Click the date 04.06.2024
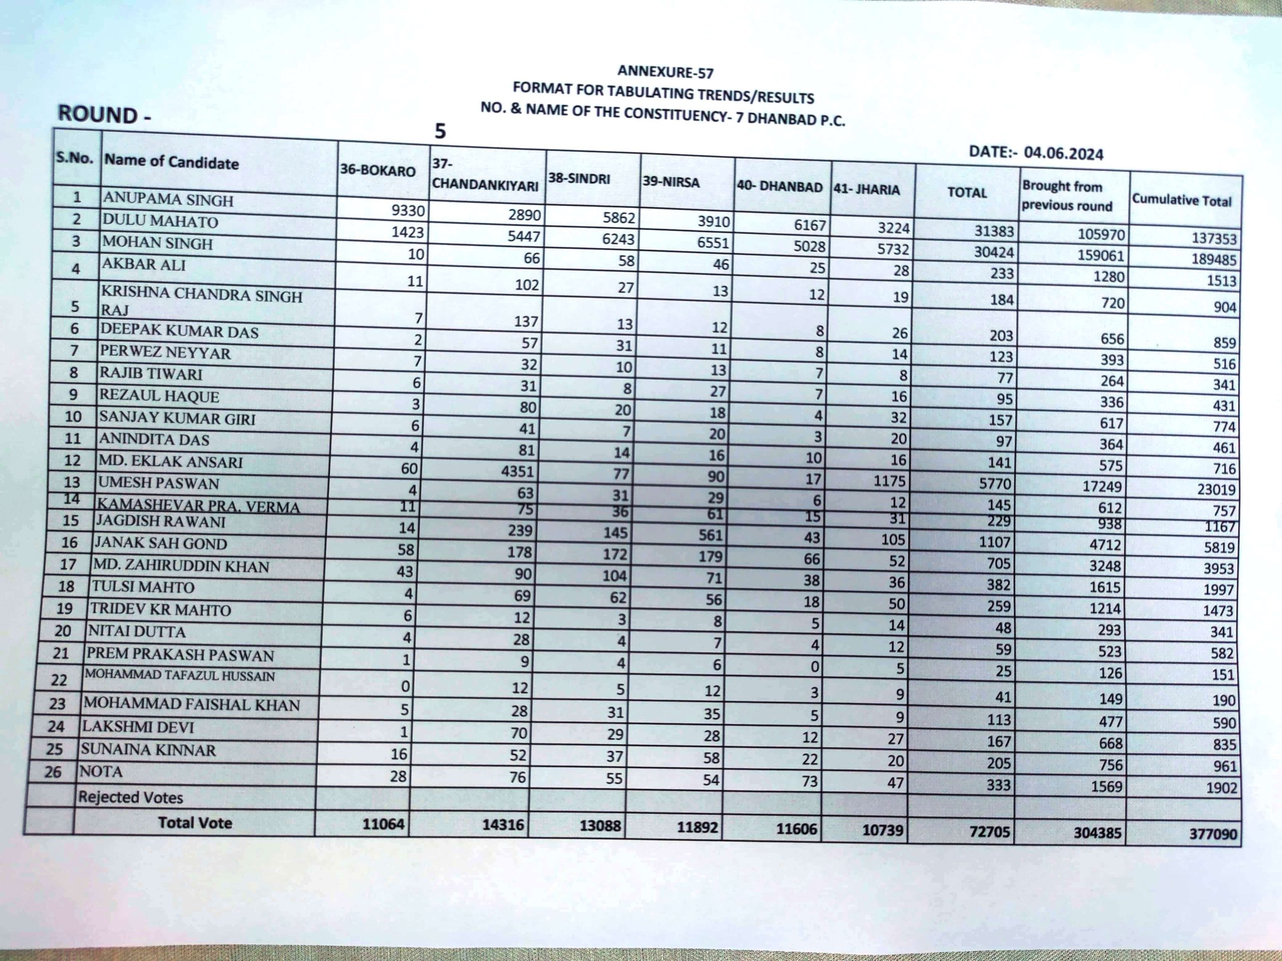(x=1063, y=153)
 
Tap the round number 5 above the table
(x=441, y=132)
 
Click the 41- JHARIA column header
(x=866, y=189)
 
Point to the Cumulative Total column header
(x=1181, y=200)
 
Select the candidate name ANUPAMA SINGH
(x=168, y=199)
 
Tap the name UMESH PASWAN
(x=158, y=483)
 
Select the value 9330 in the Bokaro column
(x=408, y=210)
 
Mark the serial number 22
(x=59, y=679)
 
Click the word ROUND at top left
(x=97, y=115)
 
